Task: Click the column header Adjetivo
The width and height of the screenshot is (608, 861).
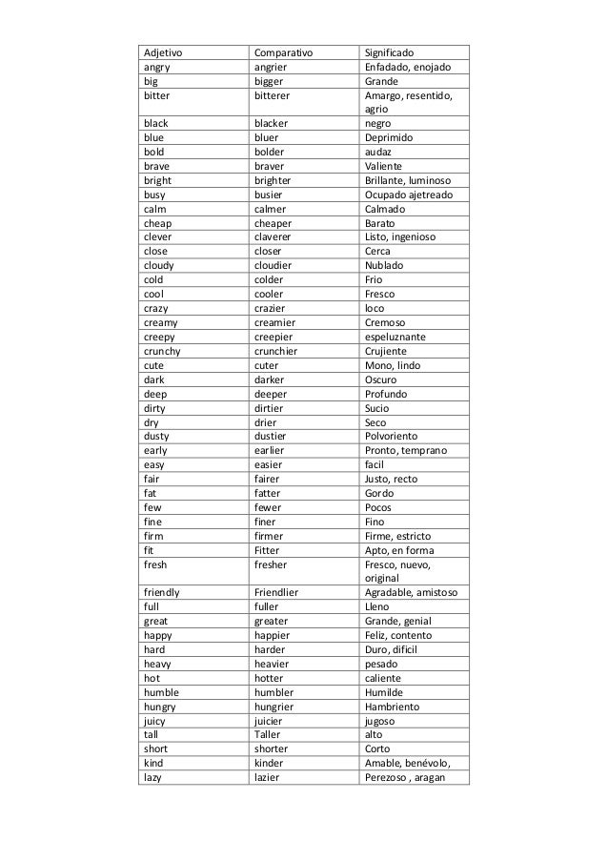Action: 163,53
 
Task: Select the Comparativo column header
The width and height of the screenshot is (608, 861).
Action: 285,53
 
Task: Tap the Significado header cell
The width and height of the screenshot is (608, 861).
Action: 396,53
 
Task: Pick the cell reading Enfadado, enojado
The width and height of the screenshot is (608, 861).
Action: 411,68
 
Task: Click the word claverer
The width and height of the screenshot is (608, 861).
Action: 277,236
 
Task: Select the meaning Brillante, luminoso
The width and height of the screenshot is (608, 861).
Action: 411,180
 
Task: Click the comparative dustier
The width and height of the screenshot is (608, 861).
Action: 273,436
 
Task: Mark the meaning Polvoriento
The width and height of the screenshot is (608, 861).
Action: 395,436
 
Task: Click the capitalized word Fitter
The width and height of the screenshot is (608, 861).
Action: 268,549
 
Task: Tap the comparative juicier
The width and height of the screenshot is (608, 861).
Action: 272,721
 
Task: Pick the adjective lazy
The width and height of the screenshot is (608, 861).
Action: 154,777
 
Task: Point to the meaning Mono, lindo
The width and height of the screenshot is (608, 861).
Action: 391,365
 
